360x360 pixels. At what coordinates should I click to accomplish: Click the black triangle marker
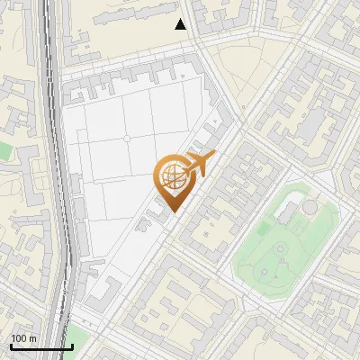click(x=181, y=25)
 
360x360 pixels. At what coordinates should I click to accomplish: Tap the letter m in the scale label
click(x=33, y=338)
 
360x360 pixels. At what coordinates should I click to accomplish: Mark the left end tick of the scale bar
click(x=10, y=346)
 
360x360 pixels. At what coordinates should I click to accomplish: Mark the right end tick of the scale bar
click(x=72, y=346)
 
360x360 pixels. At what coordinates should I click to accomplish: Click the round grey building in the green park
click(x=310, y=208)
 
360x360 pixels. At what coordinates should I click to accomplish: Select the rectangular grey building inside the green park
click(x=289, y=213)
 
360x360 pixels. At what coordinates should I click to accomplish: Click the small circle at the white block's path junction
click(x=126, y=139)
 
